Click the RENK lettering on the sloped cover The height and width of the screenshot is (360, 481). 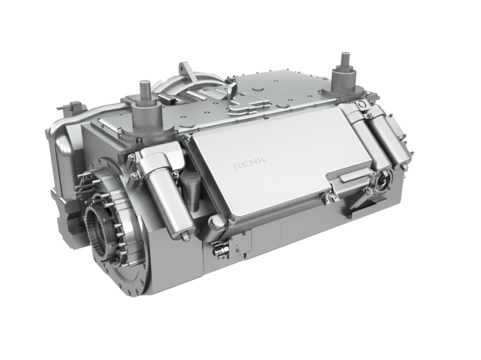tap(249, 163)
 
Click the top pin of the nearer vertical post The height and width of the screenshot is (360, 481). tap(144, 90)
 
